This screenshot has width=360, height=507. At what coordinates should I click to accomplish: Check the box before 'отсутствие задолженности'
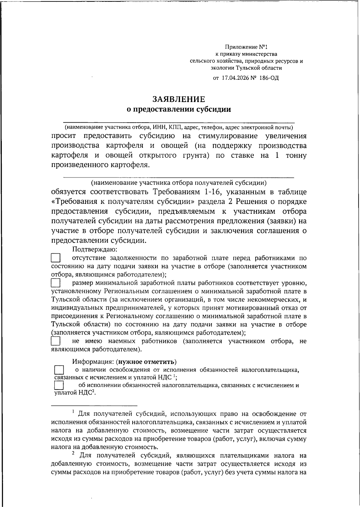click(55, 258)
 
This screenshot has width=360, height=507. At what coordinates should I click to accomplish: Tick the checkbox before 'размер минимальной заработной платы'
click(55, 283)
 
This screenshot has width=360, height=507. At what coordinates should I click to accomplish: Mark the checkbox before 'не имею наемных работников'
click(55, 341)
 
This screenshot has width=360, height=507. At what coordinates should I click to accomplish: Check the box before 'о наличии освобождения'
click(59, 369)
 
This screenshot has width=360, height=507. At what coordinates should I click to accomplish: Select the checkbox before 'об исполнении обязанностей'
click(59, 385)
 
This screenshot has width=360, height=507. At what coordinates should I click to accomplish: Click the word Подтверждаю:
click(94, 249)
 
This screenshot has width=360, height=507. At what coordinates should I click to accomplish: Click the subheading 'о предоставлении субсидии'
click(179, 109)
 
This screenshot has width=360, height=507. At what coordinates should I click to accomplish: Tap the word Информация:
click(93, 362)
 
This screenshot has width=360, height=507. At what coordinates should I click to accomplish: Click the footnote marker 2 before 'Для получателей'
click(74, 454)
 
